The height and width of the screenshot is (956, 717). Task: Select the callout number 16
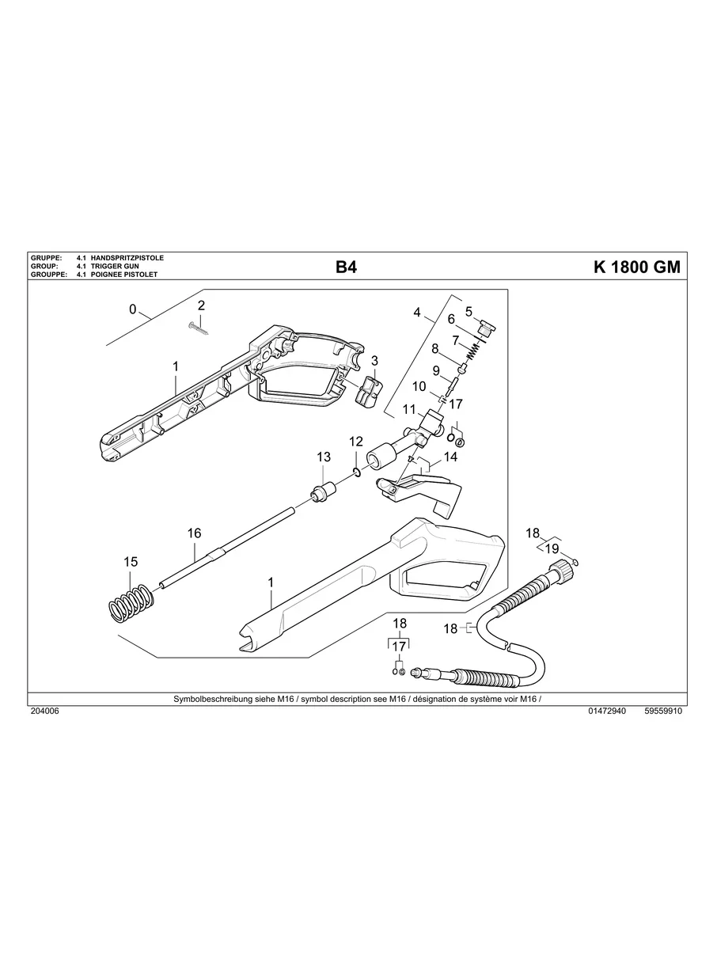195,533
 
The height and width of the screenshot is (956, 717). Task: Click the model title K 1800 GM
636,267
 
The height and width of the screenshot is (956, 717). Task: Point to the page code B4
346,267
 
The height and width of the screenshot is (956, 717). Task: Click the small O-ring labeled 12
358,472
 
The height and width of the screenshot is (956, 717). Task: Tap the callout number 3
374,360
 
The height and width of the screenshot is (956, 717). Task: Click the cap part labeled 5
485,326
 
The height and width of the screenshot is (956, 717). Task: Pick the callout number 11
409,409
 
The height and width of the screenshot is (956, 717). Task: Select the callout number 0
132,309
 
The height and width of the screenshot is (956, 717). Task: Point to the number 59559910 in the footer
663,711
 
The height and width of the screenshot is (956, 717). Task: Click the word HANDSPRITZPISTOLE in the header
127,259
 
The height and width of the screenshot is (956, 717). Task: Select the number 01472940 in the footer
607,711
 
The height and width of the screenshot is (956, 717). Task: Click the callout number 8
435,348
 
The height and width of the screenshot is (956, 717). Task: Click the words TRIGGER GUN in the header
116,267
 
